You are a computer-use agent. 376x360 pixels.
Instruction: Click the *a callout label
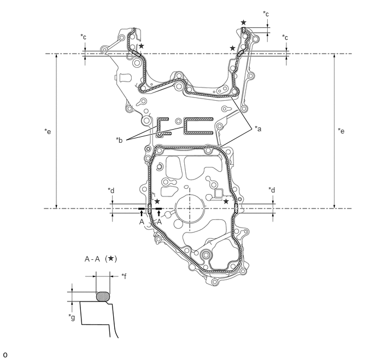tap(258, 129)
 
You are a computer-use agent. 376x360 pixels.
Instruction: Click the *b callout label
tap(119, 140)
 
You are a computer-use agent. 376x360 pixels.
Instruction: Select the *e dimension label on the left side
tap(48, 131)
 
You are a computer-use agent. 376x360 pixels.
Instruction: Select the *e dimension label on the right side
tap(341, 131)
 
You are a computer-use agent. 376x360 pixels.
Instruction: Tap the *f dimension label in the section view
tap(124, 276)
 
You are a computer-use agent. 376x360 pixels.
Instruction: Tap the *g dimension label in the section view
tap(72, 317)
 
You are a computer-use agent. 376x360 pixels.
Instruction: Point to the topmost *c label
tap(266, 14)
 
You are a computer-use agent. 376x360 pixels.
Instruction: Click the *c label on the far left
tap(83, 37)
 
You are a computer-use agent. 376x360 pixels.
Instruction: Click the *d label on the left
tap(111, 190)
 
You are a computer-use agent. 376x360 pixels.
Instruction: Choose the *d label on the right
tap(272, 190)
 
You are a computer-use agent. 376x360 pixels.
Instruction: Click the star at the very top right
tap(243, 22)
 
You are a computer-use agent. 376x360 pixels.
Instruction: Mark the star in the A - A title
tap(111, 258)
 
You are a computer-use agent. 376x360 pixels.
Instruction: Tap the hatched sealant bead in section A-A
tap(103, 297)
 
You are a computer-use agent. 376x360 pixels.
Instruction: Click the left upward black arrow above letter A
tap(142, 213)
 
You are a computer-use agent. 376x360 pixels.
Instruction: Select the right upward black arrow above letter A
tap(158, 213)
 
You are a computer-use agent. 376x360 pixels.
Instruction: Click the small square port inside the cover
tap(219, 194)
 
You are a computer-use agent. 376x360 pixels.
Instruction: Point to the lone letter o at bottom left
tap(5, 355)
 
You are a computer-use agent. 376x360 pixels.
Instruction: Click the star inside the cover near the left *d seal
tap(157, 201)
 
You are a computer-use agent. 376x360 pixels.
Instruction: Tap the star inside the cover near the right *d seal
tap(226, 201)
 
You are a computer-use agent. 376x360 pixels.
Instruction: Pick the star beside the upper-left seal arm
tap(142, 45)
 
